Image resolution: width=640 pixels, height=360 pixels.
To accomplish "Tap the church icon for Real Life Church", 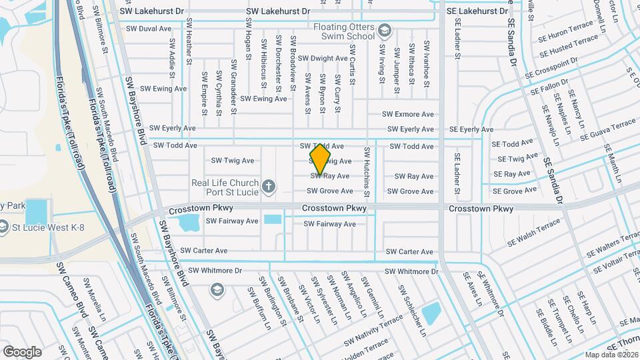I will (x=269, y=186).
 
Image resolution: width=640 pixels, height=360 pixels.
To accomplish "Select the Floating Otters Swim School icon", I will (x=384, y=31).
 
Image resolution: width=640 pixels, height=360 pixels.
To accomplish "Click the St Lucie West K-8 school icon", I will (x=5, y=227).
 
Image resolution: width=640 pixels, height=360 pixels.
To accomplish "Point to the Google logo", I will (x=22, y=351).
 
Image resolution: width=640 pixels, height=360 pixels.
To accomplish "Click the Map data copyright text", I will (x=611, y=354).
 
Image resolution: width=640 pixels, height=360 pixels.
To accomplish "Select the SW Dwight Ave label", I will (x=323, y=59).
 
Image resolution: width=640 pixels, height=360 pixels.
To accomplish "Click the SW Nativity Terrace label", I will (x=373, y=331).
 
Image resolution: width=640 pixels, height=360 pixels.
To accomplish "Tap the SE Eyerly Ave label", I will (x=471, y=129).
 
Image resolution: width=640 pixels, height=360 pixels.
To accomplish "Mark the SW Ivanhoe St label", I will (x=426, y=64).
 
